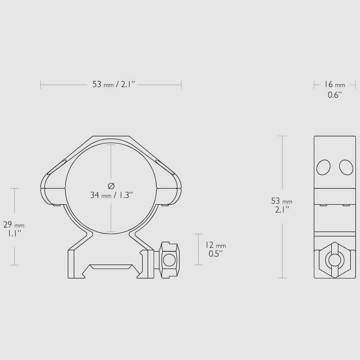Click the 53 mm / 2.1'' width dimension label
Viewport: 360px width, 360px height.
114,84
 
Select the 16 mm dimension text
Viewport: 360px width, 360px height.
334,84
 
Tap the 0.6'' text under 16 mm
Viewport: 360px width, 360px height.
335,95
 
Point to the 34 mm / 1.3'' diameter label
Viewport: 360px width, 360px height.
112,195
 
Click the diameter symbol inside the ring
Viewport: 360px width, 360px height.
111,186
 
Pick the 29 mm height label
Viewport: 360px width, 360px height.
14,225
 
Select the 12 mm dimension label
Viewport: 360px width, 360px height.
216,245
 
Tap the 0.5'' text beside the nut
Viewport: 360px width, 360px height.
216,254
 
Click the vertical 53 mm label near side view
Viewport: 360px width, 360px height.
281,201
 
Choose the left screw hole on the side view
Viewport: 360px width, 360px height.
323,167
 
